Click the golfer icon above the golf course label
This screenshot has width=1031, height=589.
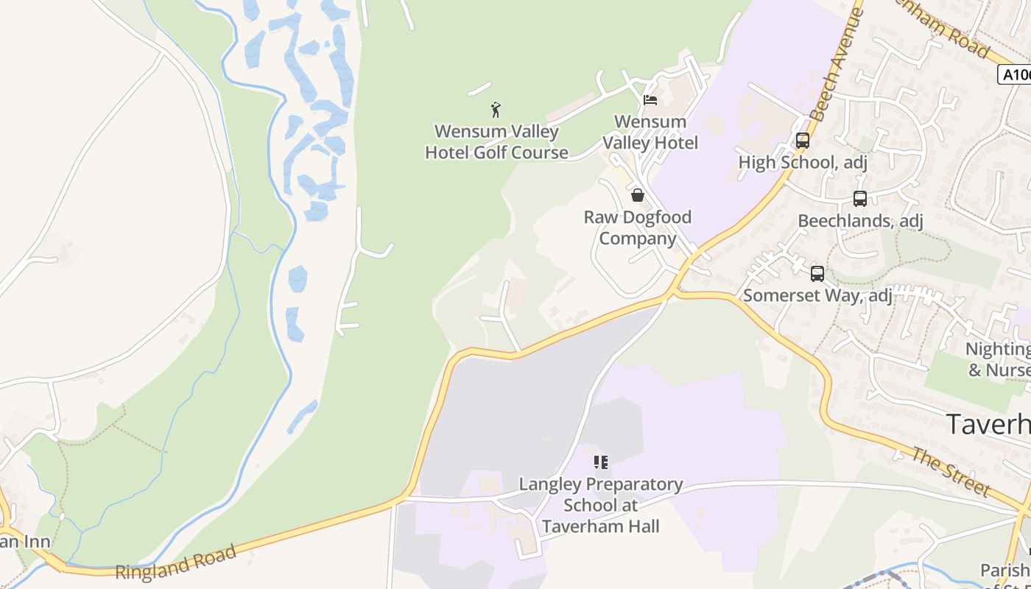click(496, 110)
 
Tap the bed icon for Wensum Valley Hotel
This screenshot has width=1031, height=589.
click(650, 100)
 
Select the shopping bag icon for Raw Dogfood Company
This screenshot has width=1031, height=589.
click(638, 195)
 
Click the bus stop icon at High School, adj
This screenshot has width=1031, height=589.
click(803, 140)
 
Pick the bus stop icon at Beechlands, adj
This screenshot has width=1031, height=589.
click(859, 199)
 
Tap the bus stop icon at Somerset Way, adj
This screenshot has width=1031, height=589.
click(817, 274)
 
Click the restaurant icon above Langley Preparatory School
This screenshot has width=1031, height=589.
click(601, 462)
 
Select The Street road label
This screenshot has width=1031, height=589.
click(951, 471)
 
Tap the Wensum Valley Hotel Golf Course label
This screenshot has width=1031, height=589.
click(497, 142)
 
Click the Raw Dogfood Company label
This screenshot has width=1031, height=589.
click(638, 228)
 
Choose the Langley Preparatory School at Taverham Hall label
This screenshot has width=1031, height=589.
click(601, 505)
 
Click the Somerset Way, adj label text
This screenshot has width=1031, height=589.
click(817, 296)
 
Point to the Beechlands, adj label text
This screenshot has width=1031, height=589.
click(860, 221)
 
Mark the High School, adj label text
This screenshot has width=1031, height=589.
click(803, 162)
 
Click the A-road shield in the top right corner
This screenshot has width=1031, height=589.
click(1015, 74)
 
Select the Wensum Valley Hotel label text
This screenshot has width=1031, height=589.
click(650, 132)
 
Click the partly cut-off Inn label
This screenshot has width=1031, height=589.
click(25, 543)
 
